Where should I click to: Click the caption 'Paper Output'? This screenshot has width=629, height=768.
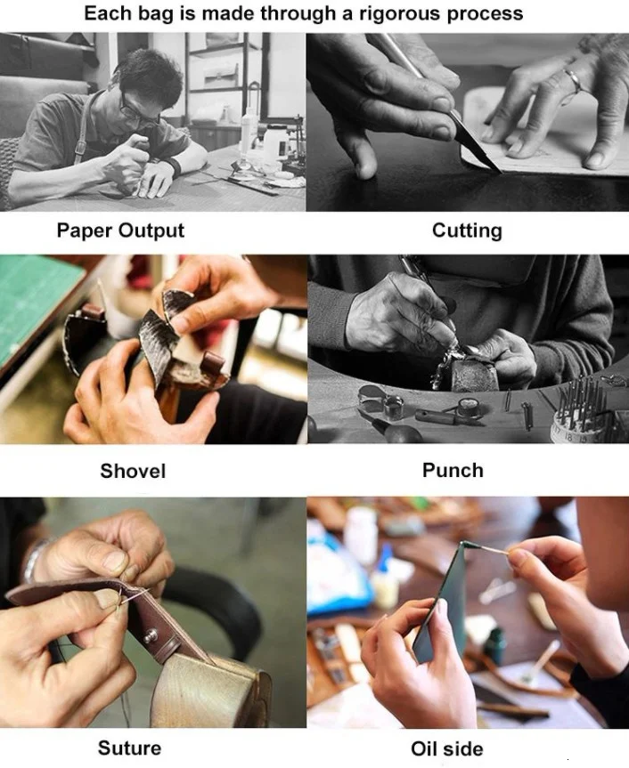pyautogui.click(x=120, y=230)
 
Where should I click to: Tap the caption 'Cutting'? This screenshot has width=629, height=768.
pyautogui.click(x=467, y=230)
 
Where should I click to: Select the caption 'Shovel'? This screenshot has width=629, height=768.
pyautogui.click(x=133, y=471)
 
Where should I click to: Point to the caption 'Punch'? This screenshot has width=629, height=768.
pyautogui.click(x=453, y=470)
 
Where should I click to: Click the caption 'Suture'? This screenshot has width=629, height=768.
pyautogui.click(x=129, y=748)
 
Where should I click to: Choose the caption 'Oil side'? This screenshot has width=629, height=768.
pyautogui.click(x=447, y=748)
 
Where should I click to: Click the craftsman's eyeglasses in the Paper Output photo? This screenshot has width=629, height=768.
pyautogui.click(x=135, y=110)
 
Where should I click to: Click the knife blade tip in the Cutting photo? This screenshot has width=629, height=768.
pyautogui.click(x=501, y=173)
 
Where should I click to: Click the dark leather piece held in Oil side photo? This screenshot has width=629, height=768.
pyautogui.click(x=441, y=607)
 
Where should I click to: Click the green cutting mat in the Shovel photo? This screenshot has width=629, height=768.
pyautogui.click(x=35, y=303)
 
